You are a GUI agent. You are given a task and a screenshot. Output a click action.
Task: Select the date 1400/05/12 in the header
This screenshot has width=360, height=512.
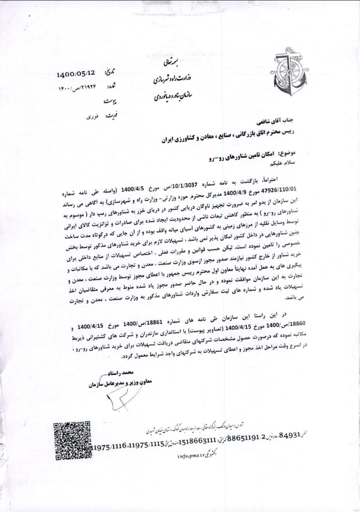pyautogui.click(x=76, y=74)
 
